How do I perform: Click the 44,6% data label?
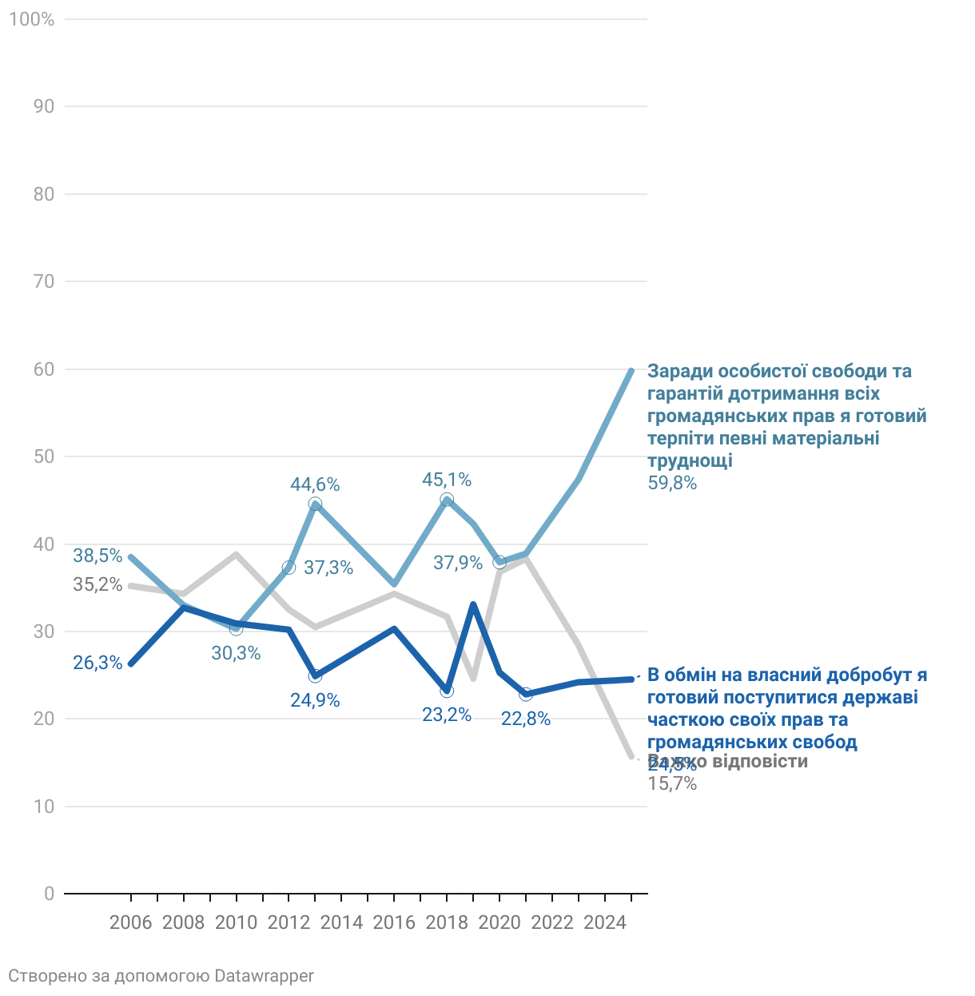click(315, 484)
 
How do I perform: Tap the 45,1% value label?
click(447, 480)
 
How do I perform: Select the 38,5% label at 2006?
click(97, 556)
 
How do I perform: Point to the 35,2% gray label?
click(97, 584)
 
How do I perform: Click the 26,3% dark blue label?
click(97, 663)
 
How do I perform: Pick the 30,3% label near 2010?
click(236, 653)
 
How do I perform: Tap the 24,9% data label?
click(315, 700)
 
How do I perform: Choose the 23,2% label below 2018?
click(447, 715)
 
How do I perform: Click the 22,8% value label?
click(526, 719)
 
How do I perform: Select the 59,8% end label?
click(672, 483)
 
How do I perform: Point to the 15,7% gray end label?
click(672, 784)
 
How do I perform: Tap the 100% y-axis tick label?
click(31, 19)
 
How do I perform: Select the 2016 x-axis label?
click(394, 922)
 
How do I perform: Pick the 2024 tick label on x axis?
click(605, 922)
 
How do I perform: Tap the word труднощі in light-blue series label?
click(690, 460)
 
